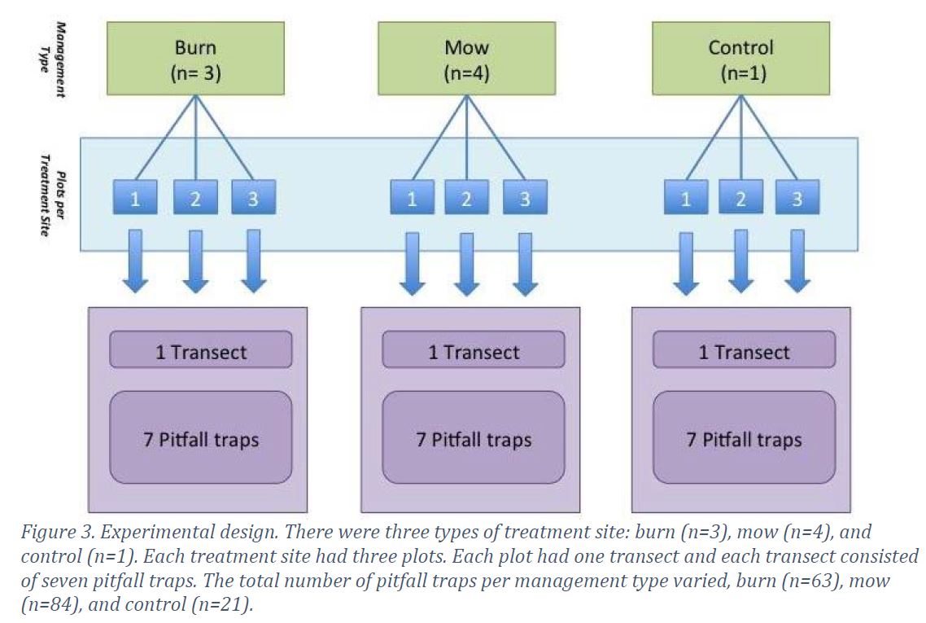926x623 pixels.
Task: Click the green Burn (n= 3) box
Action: (x=195, y=59)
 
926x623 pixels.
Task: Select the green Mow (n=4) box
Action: (x=466, y=59)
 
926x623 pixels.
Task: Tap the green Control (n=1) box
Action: (x=740, y=59)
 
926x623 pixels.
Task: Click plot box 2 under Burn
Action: (x=195, y=199)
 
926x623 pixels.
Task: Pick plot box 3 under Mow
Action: (x=525, y=199)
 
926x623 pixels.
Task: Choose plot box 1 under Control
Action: (x=686, y=199)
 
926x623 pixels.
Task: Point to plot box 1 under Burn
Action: (x=135, y=199)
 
